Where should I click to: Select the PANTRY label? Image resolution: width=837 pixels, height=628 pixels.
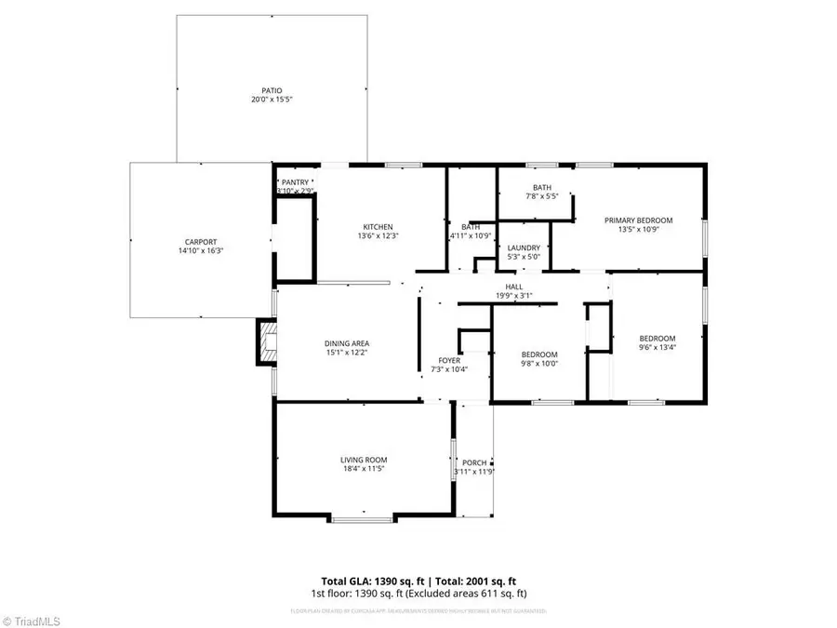coord(295,182)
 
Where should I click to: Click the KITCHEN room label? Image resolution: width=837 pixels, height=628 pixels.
coord(378,227)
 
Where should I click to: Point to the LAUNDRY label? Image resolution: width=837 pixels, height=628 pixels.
coord(523,247)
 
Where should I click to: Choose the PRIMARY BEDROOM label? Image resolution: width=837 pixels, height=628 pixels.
coord(638,220)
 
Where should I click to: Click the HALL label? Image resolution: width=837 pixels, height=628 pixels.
coord(513,287)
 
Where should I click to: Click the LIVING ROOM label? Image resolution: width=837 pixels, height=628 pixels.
coord(363,460)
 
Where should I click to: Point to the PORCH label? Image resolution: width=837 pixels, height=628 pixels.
coord(475,462)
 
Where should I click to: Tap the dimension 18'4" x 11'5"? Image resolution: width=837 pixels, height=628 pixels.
coord(363,469)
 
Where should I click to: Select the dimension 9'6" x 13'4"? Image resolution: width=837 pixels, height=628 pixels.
coord(657,348)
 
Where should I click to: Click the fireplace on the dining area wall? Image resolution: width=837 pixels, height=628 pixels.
coord(267,342)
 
